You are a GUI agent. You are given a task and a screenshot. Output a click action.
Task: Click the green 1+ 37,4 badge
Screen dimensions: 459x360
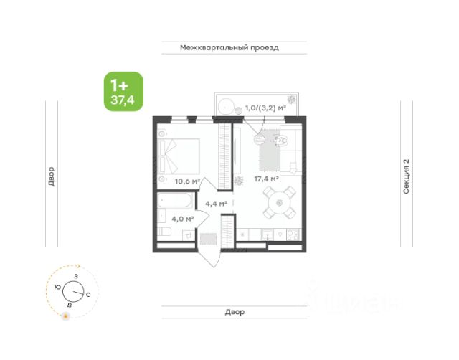click(x=123, y=92)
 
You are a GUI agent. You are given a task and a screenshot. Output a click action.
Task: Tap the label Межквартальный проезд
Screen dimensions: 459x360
click(x=229, y=48)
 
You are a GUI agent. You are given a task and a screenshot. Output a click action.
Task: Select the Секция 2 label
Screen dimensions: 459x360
click(x=406, y=176)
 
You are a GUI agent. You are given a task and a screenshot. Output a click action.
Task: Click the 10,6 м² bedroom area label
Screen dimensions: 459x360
click(x=187, y=181)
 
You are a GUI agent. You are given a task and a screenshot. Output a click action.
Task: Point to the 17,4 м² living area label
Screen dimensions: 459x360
click(x=266, y=179)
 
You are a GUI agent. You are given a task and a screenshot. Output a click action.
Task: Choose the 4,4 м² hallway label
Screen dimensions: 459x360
click(x=217, y=204)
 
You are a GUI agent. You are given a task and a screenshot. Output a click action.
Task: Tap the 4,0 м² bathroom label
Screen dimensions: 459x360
click(x=183, y=219)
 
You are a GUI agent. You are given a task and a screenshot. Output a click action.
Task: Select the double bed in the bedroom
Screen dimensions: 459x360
click(x=179, y=156)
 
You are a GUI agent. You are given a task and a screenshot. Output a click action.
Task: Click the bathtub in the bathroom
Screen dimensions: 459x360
click(x=175, y=200)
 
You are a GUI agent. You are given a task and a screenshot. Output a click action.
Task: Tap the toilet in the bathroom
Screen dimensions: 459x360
click(x=164, y=232)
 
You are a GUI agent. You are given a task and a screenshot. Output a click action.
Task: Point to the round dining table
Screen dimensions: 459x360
click(x=279, y=202)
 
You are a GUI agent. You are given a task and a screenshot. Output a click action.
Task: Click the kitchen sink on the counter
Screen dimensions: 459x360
click(x=268, y=235)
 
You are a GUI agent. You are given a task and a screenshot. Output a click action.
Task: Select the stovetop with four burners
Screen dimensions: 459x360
click(x=293, y=235)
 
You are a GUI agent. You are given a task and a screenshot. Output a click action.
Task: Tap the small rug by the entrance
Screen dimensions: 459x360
click(x=209, y=239)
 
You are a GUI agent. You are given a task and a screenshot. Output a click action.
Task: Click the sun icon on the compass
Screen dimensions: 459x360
click(x=66, y=316)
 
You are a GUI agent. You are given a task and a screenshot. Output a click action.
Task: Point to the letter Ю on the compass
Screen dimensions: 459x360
click(x=58, y=287)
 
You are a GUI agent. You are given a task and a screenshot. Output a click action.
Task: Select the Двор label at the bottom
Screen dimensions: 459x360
click(x=235, y=312)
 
